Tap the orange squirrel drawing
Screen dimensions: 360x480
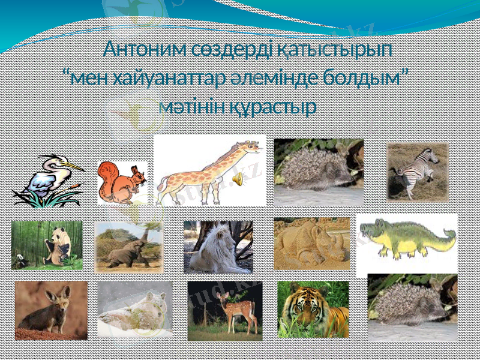click(x=122, y=182)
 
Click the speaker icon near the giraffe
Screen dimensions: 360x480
click(x=238, y=178)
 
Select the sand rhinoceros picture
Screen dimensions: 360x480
click(x=311, y=244)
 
